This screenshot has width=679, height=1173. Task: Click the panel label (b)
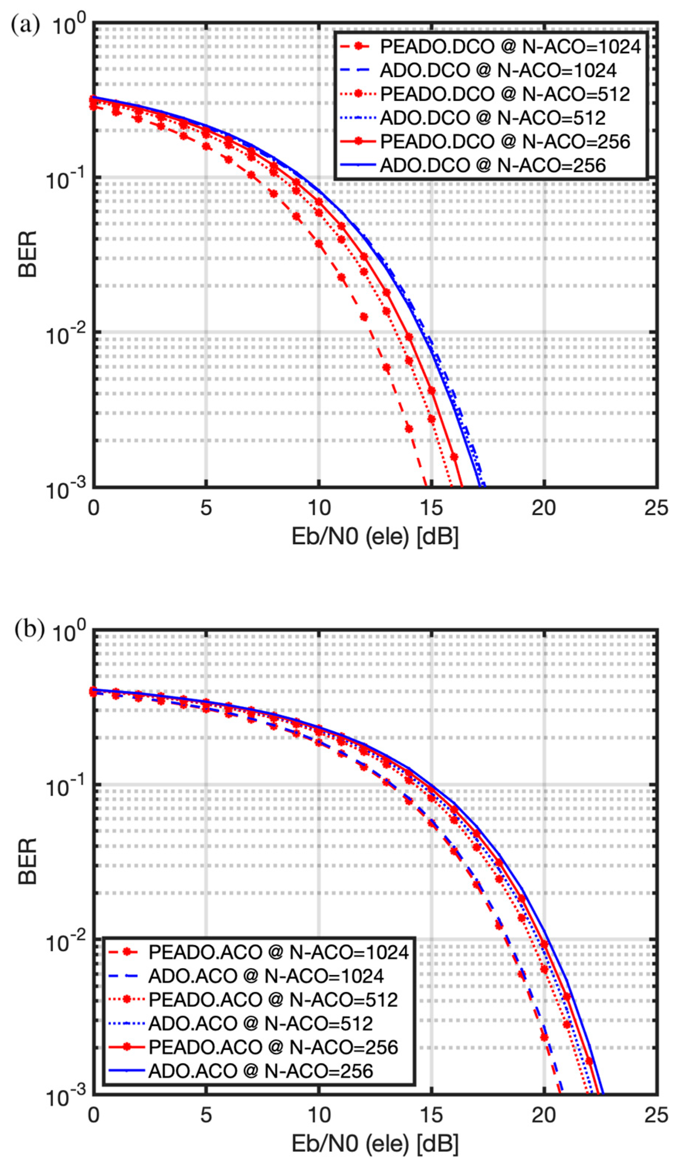29,630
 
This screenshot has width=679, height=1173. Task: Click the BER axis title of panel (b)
28,861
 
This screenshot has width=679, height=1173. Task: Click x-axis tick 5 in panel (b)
206,1114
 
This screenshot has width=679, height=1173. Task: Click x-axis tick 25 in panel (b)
656,1114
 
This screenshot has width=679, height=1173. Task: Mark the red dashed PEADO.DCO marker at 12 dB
364,317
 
